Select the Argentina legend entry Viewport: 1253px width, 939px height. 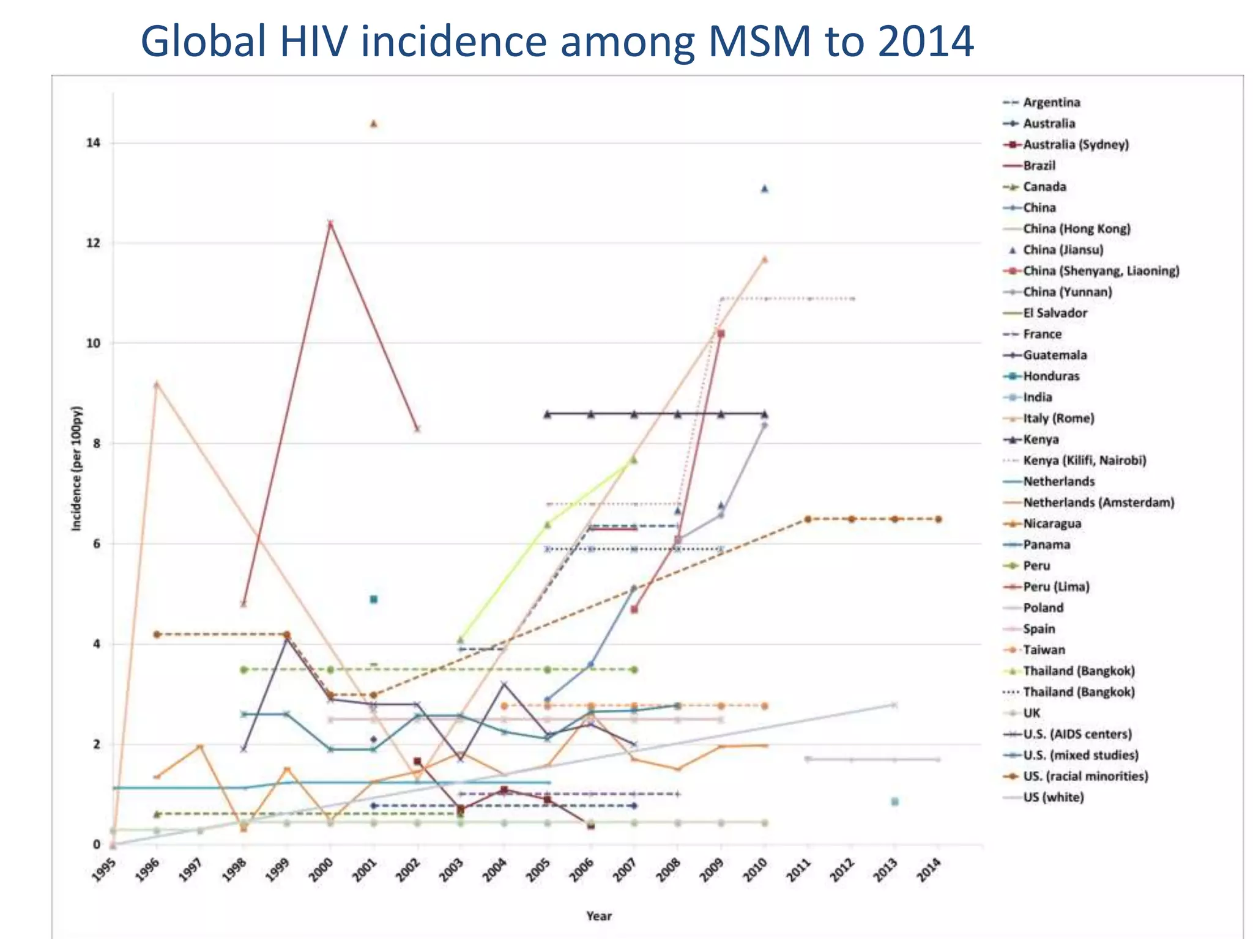(x=1051, y=102)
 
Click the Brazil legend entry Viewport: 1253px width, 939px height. (x=1039, y=166)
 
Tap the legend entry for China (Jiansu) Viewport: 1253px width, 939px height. (x=1063, y=249)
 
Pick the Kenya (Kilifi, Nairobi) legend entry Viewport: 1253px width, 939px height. (x=1084, y=460)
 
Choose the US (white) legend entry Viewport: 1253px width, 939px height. (x=1053, y=797)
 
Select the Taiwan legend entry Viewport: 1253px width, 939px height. (x=1044, y=650)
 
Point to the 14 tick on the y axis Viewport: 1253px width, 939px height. (x=93, y=143)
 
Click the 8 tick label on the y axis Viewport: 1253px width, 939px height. (x=96, y=444)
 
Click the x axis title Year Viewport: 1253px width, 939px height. (x=598, y=916)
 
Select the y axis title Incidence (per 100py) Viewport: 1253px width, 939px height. (x=77, y=468)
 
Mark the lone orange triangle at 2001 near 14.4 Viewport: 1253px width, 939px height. (x=374, y=124)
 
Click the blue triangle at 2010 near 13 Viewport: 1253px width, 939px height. (x=764, y=189)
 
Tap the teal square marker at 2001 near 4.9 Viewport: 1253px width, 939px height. (x=374, y=599)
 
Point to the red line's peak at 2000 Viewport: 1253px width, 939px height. (x=330, y=223)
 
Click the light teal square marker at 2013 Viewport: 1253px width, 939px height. (x=894, y=801)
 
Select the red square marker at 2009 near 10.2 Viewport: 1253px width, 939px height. (x=721, y=334)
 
